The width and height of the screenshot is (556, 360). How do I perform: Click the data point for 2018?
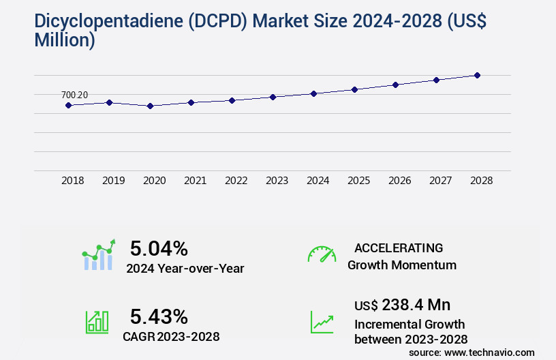[68, 105]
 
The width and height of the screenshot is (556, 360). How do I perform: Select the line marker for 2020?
[150, 106]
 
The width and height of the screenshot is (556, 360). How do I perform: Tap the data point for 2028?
[477, 75]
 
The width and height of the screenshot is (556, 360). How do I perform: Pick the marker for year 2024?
[313, 93]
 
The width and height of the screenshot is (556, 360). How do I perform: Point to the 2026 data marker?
[395, 85]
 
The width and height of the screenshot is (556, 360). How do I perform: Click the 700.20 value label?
[74, 95]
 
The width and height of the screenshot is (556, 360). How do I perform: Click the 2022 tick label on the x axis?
[236, 181]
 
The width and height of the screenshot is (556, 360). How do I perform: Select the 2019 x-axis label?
[113, 181]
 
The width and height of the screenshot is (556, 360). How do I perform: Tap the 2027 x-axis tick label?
[440, 181]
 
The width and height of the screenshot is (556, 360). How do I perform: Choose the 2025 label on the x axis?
[358, 181]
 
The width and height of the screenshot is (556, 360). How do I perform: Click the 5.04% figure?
[159, 248]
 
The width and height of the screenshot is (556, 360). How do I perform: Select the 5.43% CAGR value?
[159, 316]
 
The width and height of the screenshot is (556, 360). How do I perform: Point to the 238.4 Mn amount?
[416, 305]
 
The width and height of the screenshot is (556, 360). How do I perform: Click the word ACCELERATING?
[399, 247]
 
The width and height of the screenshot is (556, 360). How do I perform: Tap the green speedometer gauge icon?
[322, 254]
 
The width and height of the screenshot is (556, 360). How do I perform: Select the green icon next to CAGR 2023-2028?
[96, 322]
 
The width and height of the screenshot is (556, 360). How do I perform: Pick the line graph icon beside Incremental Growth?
[322, 322]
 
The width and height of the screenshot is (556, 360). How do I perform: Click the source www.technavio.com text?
[472, 352]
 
